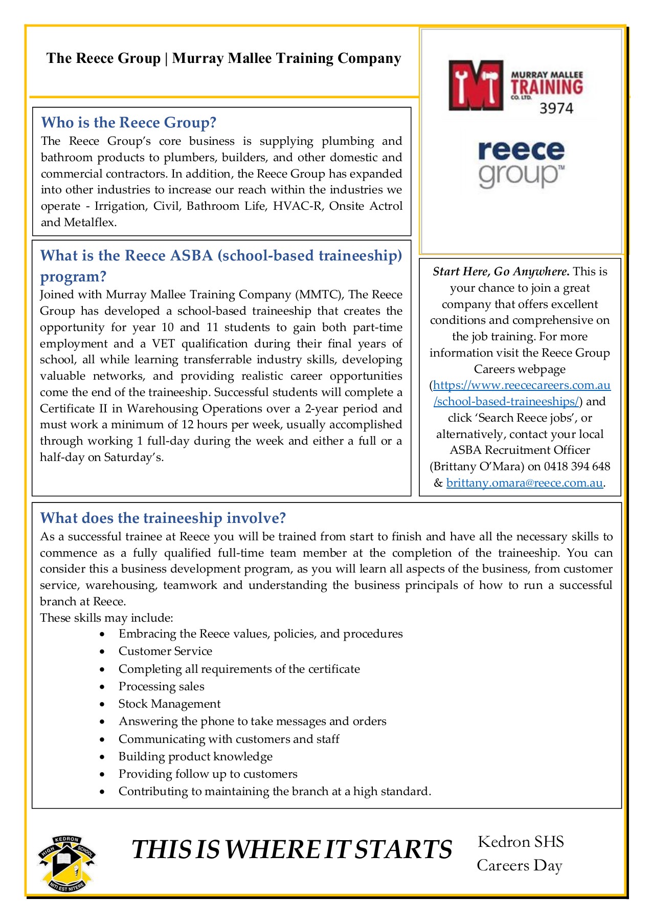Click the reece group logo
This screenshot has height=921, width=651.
coord(521,163)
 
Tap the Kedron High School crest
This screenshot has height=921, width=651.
coord(66,864)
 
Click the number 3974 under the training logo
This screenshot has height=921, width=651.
coord(556,108)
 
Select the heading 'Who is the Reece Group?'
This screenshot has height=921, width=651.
coord(128,123)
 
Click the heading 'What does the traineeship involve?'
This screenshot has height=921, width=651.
coord(163,518)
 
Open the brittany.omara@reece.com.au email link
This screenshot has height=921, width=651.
coord(524,483)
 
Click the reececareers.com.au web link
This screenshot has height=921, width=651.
coord(522,385)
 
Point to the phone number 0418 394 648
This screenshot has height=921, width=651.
coord(577,467)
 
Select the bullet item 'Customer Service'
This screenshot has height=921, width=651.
coord(165,651)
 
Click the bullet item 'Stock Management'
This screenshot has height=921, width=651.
coord(169,704)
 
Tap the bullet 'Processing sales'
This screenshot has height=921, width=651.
coord(161,687)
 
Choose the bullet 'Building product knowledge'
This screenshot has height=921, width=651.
coord(195,757)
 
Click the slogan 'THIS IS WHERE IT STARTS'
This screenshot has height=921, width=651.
coord(291,850)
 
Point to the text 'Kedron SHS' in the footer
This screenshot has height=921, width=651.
coord(521,842)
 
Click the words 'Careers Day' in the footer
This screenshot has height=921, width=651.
coord(519,866)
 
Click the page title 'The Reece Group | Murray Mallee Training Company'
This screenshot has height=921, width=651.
coord(223,58)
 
